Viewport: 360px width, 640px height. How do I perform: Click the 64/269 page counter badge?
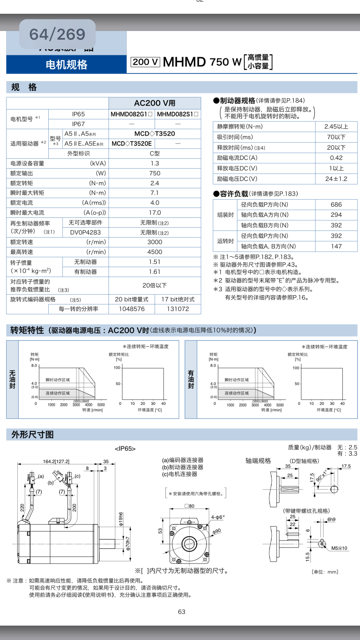57,35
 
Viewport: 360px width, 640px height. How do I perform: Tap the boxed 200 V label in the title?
145,62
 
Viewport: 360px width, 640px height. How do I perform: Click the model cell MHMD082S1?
178,114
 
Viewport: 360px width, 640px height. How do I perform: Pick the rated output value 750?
155,173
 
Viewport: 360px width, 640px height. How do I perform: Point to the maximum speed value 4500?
155,252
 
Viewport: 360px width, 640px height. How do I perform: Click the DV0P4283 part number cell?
85,233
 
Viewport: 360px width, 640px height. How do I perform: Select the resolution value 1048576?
132,309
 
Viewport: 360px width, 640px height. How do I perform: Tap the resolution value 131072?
178,309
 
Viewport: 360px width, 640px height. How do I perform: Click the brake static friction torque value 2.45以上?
336,127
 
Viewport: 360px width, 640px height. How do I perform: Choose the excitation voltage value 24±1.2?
336,179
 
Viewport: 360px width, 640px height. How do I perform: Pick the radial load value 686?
336,204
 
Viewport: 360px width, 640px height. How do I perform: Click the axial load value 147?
336,246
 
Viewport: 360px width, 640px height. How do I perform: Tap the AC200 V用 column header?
155,103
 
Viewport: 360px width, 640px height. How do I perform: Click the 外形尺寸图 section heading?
33,435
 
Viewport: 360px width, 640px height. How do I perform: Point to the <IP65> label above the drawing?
125,449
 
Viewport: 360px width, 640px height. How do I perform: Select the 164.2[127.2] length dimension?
56,462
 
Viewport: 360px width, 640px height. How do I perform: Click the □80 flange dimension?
189,506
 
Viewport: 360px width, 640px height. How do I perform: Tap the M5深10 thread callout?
339,548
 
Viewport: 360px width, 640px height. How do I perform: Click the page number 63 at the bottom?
181,612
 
